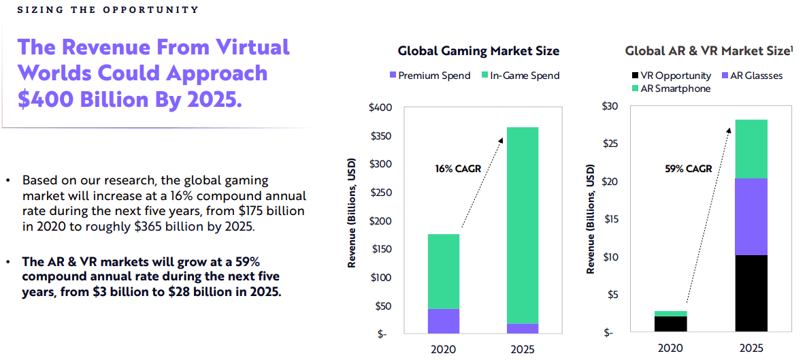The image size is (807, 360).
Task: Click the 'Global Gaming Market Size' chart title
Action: (x=478, y=51)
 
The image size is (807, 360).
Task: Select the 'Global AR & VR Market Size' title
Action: (x=709, y=51)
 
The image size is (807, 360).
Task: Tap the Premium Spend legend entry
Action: (x=429, y=76)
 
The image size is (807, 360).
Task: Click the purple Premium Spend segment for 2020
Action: (x=444, y=321)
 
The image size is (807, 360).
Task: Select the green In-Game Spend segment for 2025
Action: (x=523, y=225)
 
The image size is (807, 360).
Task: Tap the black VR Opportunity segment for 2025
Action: (x=752, y=294)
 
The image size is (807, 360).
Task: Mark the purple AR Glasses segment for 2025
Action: (x=752, y=216)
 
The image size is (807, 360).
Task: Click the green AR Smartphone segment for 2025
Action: (x=752, y=148)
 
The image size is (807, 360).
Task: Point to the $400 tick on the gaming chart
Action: (x=380, y=108)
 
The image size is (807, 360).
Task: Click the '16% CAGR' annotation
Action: (x=458, y=168)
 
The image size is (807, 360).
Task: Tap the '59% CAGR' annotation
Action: (x=688, y=168)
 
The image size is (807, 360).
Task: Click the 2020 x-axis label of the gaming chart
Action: (x=444, y=349)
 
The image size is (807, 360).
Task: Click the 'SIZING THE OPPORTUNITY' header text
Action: (x=108, y=10)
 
